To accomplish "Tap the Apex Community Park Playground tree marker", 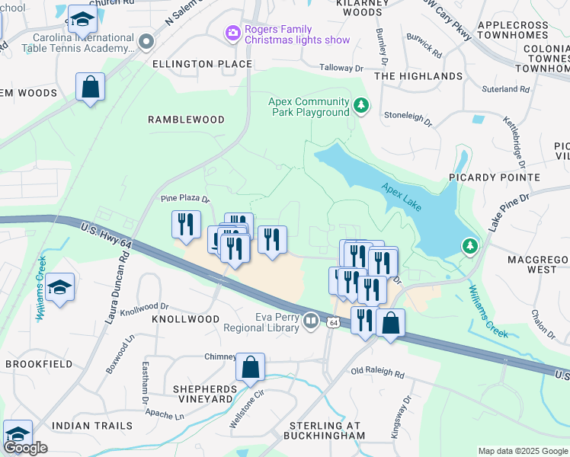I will tap(362, 107).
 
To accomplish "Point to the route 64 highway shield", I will tap(334, 323).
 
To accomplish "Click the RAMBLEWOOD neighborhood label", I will tap(186, 120).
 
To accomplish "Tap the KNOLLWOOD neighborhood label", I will tap(185, 319).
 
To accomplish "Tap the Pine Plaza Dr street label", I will tap(184, 199).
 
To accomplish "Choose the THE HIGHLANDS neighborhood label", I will tap(418, 76).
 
